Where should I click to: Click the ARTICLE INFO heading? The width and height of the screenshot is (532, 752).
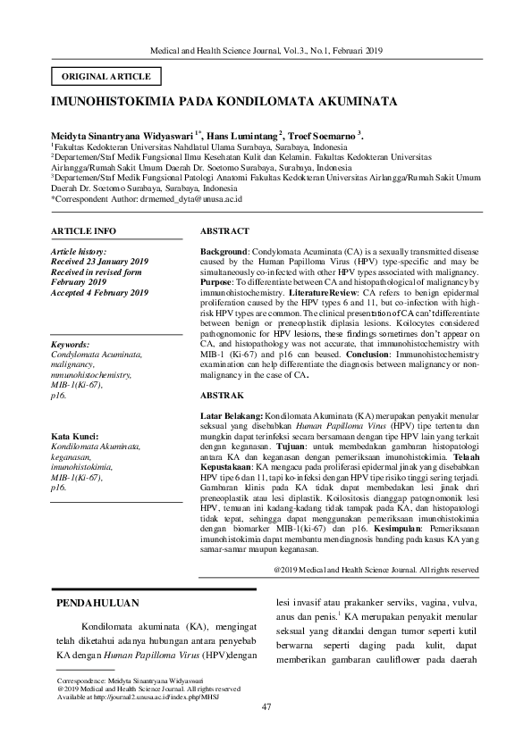click(83, 230)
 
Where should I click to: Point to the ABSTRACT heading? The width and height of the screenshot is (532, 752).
click(224, 230)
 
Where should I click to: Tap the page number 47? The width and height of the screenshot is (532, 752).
click(266, 708)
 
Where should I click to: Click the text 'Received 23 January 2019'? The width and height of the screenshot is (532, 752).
click(101, 263)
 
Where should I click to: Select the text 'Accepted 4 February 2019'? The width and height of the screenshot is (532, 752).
click(100, 292)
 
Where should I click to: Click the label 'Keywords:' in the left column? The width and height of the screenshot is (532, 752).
click(71, 344)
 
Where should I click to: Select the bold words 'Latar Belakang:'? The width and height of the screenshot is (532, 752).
click(231, 416)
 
